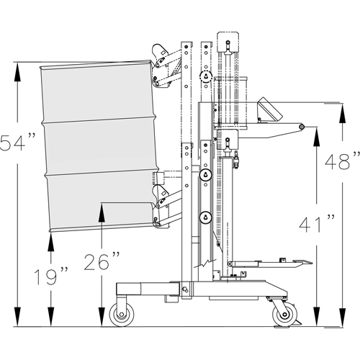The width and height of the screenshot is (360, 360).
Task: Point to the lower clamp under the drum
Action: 161,209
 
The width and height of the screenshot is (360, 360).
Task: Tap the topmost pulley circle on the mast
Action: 206,76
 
